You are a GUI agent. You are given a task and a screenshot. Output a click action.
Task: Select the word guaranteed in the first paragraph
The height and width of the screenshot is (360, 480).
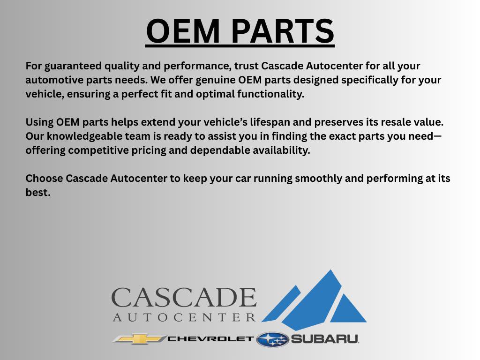point(70,66)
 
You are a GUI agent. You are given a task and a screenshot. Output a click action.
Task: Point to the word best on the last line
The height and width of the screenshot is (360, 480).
point(37,193)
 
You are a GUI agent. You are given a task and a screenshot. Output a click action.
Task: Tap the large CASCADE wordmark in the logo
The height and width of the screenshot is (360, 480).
point(184,298)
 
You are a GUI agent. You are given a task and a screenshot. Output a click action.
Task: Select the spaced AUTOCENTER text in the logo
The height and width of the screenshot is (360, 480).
point(184,318)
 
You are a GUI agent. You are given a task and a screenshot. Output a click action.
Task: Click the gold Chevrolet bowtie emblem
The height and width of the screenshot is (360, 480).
point(139,339)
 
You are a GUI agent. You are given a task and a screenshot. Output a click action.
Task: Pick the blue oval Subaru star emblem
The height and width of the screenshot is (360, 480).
point(272,339)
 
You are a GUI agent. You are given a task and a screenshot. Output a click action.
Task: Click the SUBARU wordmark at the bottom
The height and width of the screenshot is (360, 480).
point(325,339)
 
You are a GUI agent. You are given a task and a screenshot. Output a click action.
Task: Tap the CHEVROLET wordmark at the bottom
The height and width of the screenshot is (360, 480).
point(210,339)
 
